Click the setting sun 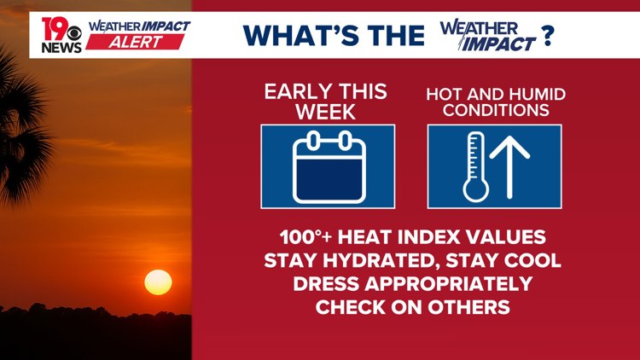coord(158,282)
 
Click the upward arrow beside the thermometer coord(509,167)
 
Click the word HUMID coord(540,94)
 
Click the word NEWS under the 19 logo coord(61,47)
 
